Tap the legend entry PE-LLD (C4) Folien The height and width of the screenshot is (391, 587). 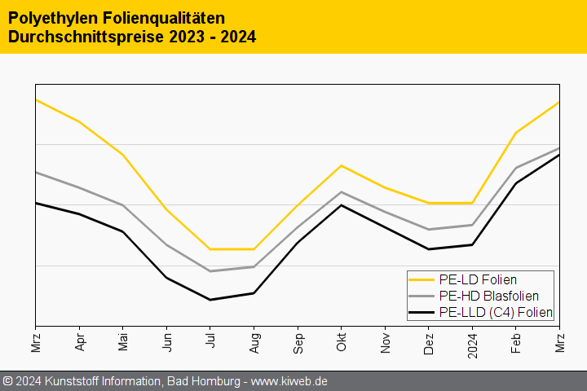click(x=495, y=312)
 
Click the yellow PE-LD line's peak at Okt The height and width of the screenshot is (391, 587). click(x=342, y=165)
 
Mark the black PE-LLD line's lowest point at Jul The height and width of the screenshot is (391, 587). click(x=210, y=300)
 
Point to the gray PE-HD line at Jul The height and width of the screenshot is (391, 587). click(x=210, y=271)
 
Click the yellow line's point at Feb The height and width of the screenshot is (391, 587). click(x=515, y=132)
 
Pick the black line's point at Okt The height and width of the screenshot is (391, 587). click(x=342, y=204)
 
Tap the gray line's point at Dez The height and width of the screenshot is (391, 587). click(x=429, y=230)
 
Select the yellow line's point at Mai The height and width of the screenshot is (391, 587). click(x=123, y=155)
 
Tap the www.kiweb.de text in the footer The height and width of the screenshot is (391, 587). click(x=289, y=381)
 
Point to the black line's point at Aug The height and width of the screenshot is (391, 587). click(x=254, y=293)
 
